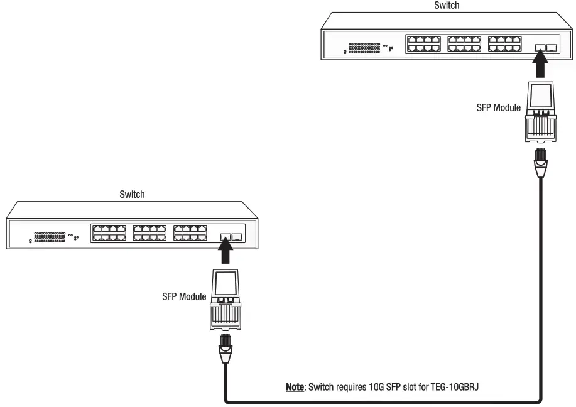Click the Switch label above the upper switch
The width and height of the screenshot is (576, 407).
pyautogui.click(x=447, y=5)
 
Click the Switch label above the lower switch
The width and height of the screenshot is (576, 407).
pyautogui.click(x=132, y=194)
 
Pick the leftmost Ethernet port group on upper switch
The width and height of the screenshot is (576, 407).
pyautogui.click(x=423, y=43)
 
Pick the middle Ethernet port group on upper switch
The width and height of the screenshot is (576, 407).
pyautogui.click(x=464, y=43)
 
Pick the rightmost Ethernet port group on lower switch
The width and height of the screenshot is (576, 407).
pyautogui.click(x=190, y=232)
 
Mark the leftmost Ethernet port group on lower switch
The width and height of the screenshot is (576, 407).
pyautogui.click(x=109, y=232)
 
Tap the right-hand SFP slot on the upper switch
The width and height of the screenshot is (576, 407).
pyautogui.click(x=552, y=48)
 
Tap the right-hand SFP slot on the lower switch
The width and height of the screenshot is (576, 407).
pyautogui.click(x=237, y=237)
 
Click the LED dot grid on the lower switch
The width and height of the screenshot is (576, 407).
pyautogui.click(x=50, y=237)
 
